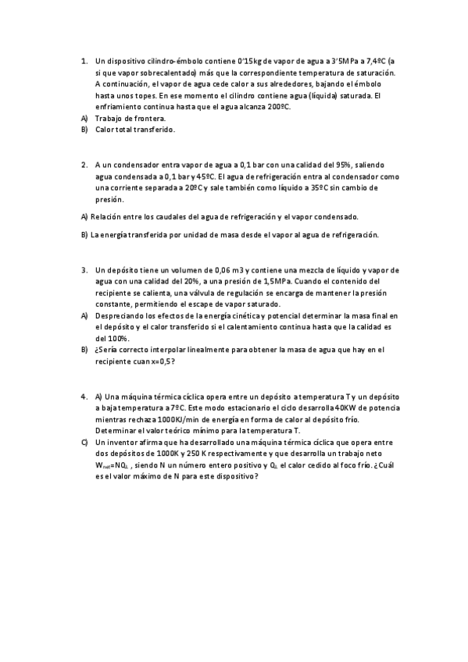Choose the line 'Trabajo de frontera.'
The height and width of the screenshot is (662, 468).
click(130, 118)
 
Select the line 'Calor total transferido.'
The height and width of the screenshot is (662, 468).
click(135, 130)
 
